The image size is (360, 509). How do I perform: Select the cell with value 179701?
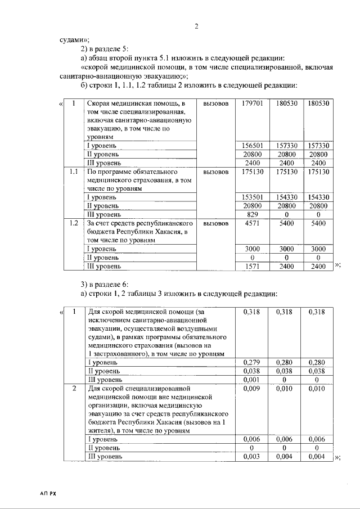coord(253,104)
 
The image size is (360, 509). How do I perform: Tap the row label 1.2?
coord(73,223)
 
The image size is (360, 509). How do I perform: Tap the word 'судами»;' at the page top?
coord(75,39)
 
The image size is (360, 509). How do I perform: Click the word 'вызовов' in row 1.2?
coord(216,223)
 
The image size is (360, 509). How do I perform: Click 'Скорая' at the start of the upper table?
coord(99,104)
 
